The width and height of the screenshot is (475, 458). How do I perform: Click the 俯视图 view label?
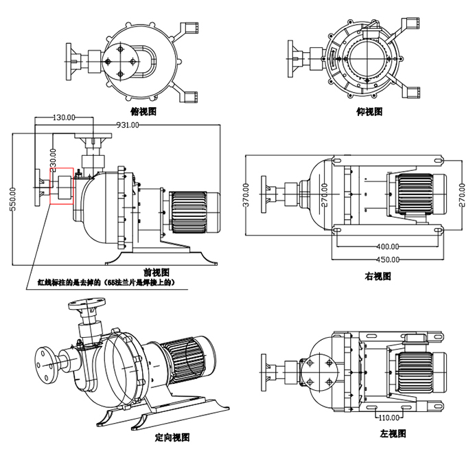click(143, 110)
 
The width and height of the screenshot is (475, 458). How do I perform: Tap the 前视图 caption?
click(157, 273)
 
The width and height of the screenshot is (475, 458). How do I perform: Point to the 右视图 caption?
click(378, 276)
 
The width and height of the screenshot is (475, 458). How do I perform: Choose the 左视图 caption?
click(393, 433)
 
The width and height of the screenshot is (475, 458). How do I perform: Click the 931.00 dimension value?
click(128, 125)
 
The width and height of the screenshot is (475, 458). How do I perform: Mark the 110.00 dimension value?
click(389, 417)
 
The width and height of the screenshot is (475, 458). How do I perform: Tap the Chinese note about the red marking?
click(108, 282)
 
